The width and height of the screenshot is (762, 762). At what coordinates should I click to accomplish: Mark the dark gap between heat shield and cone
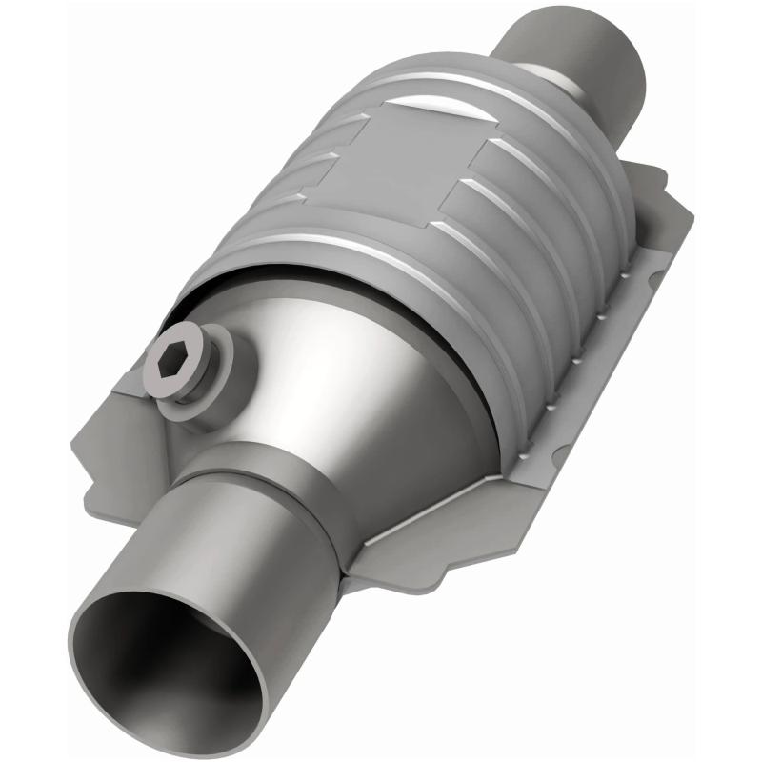[x=314, y=276]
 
